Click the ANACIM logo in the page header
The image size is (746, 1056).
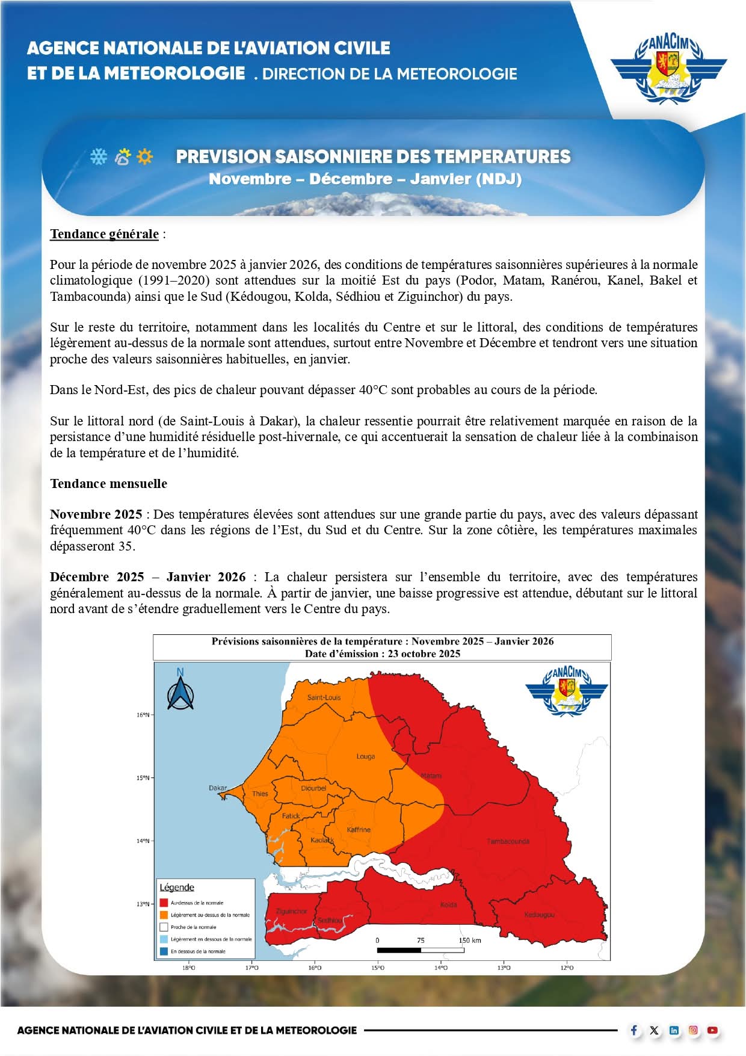[x=668, y=68]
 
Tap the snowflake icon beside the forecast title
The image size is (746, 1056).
[x=98, y=156]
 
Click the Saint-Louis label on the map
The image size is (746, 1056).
[x=324, y=697]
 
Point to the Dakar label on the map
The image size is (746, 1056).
[x=218, y=788]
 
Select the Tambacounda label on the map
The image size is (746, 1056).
[x=508, y=841]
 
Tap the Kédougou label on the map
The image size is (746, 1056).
[x=539, y=915]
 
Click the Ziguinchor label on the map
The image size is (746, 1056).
[x=291, y=911]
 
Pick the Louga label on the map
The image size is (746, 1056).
[x=365, y=756]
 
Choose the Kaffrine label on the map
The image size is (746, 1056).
[x=359, y=830]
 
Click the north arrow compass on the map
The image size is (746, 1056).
[x=180, y=690]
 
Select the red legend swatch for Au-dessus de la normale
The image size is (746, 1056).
[x=163, y=903]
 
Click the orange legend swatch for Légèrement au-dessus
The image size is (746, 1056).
[x=163, y=915]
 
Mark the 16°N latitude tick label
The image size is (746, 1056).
[x=142, y=715]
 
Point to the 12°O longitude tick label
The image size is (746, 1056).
[x=567, y=968]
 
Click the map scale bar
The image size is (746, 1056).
[x=421, y=950]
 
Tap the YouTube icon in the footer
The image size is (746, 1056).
[x=712, y=1030]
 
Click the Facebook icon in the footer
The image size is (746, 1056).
[x=634, y=1030]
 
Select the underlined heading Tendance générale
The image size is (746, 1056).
[x=105, y=234]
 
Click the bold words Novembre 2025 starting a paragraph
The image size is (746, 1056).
[x=96, y=514]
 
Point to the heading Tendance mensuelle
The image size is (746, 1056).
[x=108, y=484]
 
